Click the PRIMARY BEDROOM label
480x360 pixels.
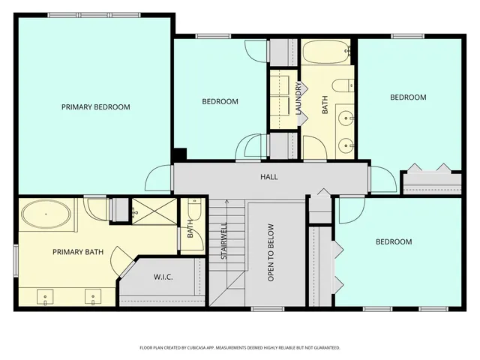[95, 107]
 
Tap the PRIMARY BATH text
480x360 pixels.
[77, 252]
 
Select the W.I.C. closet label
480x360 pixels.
[163, 277]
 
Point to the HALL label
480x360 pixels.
[268, 177]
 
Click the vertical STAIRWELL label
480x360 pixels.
[223, 241]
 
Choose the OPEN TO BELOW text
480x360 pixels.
[271, 253]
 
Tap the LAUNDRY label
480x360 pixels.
[298, 98]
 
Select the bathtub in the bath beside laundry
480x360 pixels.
[328, 55]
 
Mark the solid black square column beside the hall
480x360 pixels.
[179, 154]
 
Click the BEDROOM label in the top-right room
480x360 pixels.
[407, 97]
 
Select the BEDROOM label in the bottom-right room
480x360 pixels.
[394, 241]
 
